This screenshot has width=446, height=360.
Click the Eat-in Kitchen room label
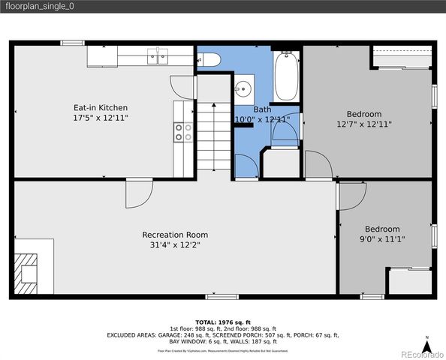pos(100,108)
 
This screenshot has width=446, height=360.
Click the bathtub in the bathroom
pos(287,77)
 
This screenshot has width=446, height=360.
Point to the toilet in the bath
pos(209,59)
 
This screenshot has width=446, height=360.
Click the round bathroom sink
pos(243,89)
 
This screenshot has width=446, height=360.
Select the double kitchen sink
pos(158,55)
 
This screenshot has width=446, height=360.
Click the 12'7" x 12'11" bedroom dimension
pos(364,124)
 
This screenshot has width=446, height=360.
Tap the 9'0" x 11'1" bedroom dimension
pos(382,239)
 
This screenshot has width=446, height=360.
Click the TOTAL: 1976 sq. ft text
pos(222,321)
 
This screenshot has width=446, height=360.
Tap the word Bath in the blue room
pos(262,109)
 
